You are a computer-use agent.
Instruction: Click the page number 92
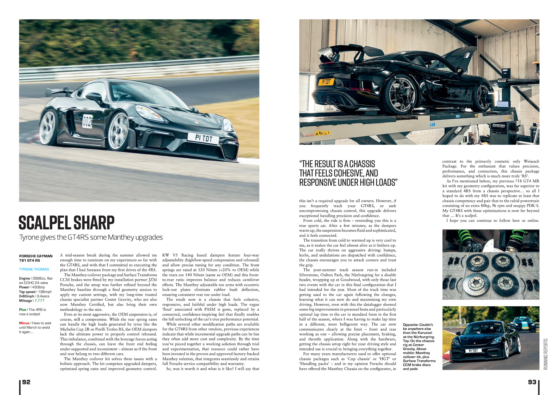[26, 382]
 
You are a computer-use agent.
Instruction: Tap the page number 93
[532, 382]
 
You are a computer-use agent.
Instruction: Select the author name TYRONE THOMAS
[34, 269]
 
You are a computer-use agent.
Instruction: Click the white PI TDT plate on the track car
[203, 139]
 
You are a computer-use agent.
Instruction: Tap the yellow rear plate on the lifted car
[326, 82]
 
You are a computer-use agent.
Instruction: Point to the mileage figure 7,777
[40, 301]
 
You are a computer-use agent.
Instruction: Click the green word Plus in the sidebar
[22, 309]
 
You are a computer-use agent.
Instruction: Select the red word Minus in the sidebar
[24, 323]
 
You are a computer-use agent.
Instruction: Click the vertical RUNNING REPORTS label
[546, 354]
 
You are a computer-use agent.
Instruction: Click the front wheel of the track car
[118, 131]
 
